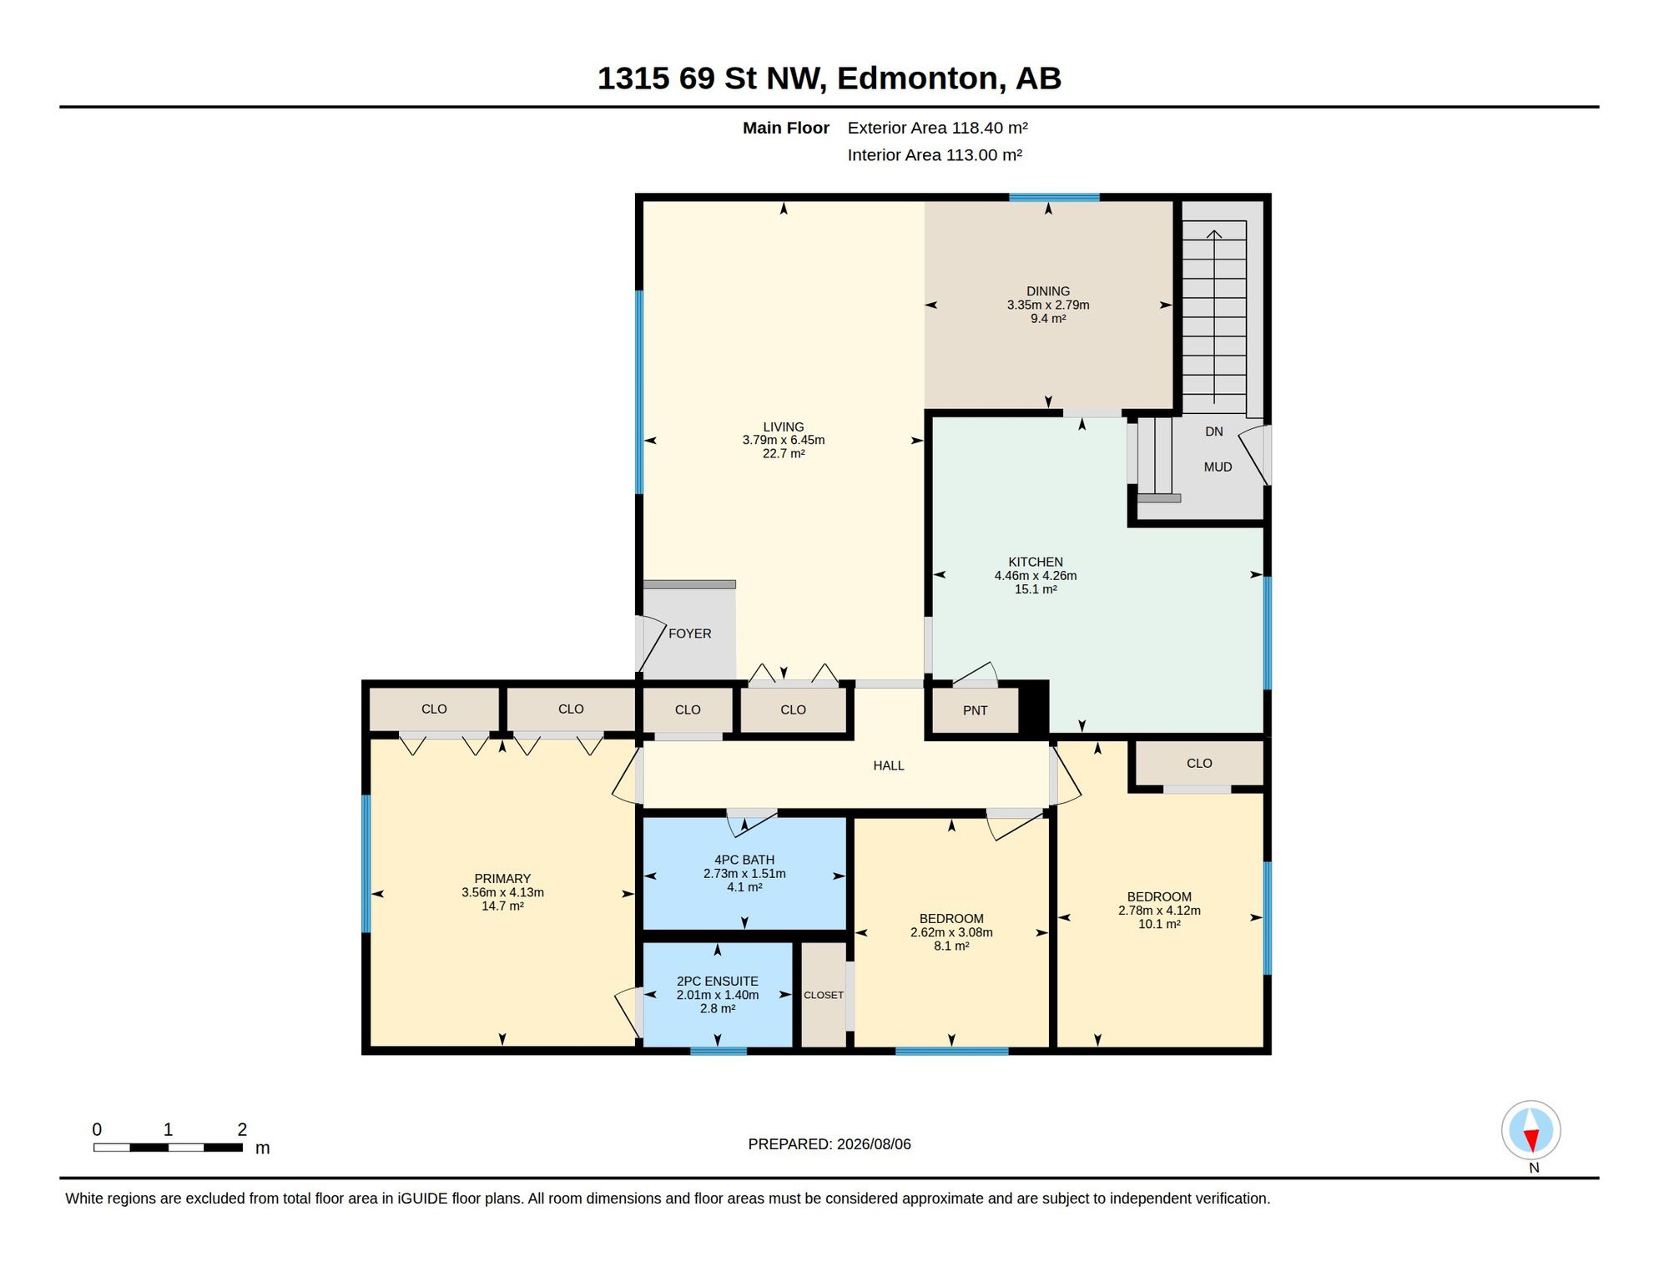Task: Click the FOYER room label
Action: [689, 633]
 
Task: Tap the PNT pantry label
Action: [975, 710]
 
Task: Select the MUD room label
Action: [1218, 467]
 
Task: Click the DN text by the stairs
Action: [1214, 432]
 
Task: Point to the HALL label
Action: [889, 765]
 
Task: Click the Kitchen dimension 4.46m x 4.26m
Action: [1036, 576]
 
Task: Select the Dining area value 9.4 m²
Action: [1048, 319]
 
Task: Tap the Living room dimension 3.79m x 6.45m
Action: [784, 441]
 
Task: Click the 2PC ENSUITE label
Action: [718, 982]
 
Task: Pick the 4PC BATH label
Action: [744, 860]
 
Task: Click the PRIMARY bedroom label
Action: [502, 879]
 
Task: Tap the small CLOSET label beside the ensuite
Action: [824, 995]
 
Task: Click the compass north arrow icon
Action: [1531, 1131]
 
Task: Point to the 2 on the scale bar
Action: [242, 1129]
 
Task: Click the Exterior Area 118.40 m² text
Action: [938, 128]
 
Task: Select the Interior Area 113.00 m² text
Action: [935, 155]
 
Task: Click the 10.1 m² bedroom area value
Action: [1159, 924]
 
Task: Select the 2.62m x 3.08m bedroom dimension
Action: [951, 932]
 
